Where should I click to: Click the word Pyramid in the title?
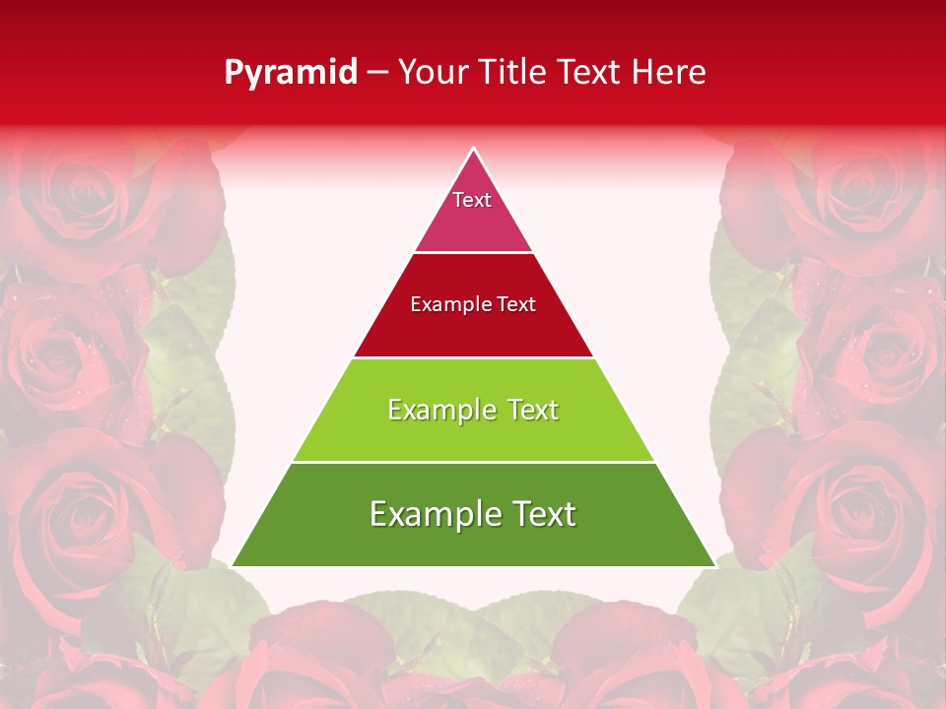point(291,73)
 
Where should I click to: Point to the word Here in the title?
point(669,73)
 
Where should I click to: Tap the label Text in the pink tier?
point(472,200)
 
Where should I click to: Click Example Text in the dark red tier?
point(473,304)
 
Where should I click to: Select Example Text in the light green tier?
point(473,410)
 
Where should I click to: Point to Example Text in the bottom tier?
point(473,514)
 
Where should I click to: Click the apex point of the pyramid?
point(474,149)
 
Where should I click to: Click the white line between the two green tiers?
point(473,462)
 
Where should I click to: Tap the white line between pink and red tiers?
point(473,252)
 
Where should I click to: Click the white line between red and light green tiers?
point(473,357)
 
